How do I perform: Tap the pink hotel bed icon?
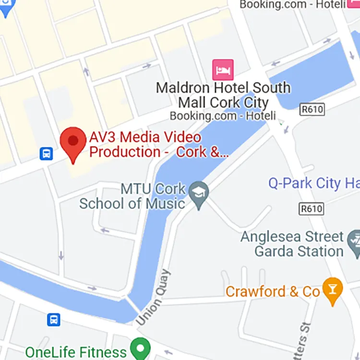(223, 70)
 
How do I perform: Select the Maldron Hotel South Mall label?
(223, 95)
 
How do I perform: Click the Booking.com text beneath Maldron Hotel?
(223, 116)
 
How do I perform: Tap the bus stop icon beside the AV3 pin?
(46, 154)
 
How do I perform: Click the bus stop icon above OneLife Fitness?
(53, 319)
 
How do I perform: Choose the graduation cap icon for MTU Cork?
(199, 192)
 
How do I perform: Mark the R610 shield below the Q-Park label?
(311, 209)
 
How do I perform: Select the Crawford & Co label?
(273, 291)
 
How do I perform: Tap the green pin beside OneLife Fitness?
(140, 347)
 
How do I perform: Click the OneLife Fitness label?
(76, 352)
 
